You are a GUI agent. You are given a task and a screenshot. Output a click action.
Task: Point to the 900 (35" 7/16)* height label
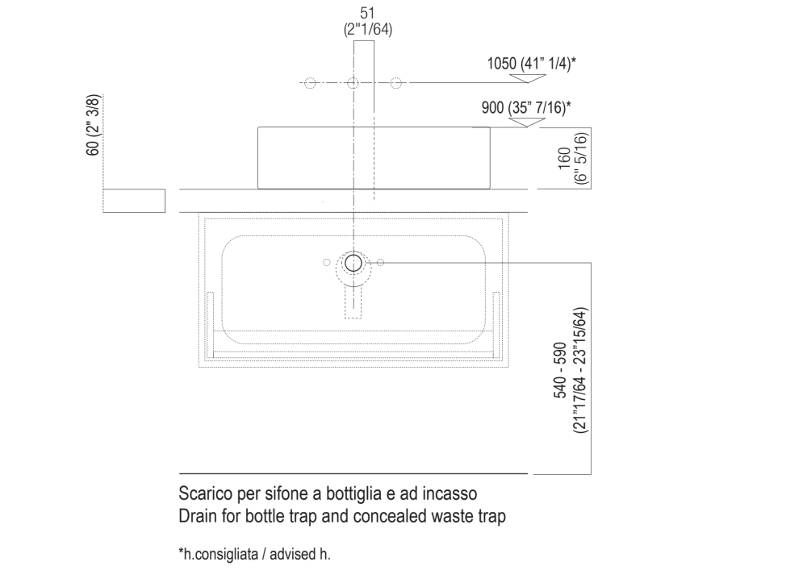(x=526, y=107)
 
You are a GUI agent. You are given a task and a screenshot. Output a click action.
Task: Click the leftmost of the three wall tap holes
(x=310, y=83)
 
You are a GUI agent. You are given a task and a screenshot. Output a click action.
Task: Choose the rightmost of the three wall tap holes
(x=396, y=83)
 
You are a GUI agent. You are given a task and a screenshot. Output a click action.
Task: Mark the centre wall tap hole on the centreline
(x=353, y=83)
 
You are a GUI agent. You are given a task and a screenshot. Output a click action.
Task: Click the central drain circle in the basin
(x=353, y=263)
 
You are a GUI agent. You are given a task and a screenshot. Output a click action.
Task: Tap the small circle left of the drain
(x=326, y=262)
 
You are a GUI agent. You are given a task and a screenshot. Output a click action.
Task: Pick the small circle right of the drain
(x=381, y=262)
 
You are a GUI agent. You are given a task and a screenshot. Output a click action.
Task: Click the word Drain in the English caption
(x=194, y=517)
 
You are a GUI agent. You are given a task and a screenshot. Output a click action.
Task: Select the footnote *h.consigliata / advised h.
(x=254, y=555)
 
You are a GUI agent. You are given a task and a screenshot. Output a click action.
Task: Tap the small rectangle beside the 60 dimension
(x=134, y=201)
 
